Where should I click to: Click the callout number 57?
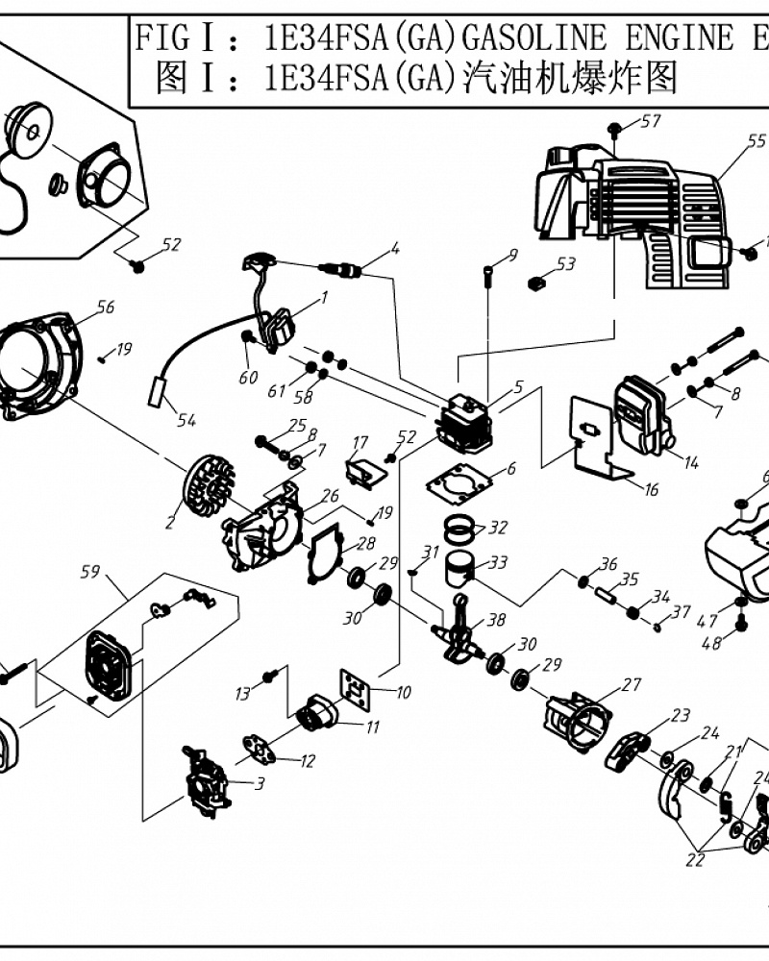(x=651, y=121)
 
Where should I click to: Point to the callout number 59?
(x=89, y=574)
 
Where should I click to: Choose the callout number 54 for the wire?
(x=186, y=420)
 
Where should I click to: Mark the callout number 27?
(x=631, y=684)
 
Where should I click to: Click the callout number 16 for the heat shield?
(x=651, y=490)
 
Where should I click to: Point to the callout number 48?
(x=711, y=645)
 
